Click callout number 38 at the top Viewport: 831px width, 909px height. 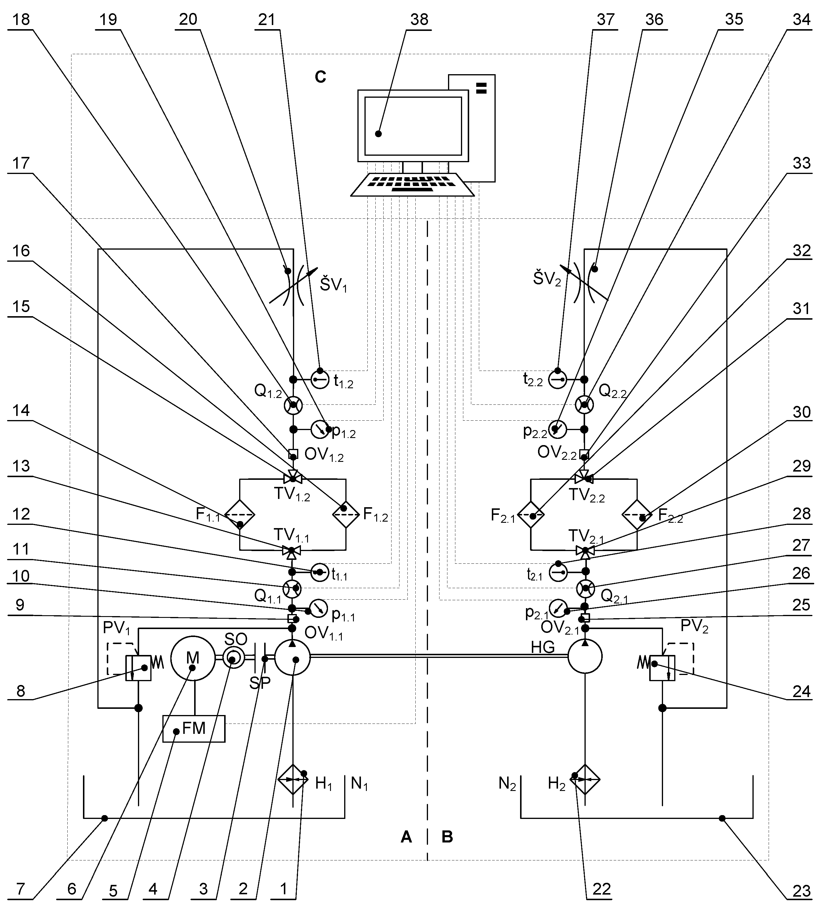419,19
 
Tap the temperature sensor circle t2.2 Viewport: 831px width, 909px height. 557,380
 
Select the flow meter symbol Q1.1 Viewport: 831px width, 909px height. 292,588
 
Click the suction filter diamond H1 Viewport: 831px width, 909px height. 293,779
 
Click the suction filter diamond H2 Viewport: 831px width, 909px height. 585,779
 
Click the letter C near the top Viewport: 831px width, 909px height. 320,77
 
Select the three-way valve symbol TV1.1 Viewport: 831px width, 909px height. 292,550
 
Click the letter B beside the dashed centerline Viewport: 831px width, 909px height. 447,837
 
